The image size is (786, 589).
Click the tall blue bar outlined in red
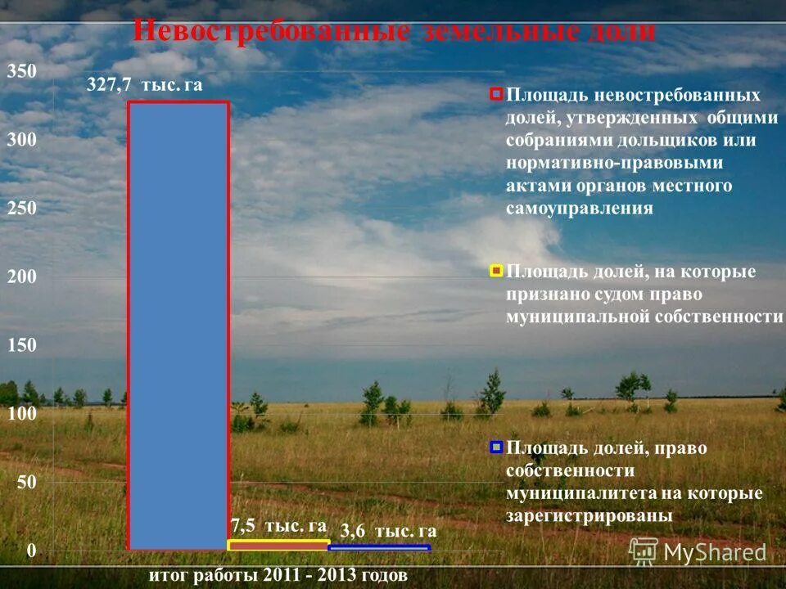point(178,325)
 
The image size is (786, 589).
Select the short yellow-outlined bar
point(278,544)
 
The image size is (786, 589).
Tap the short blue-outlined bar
point(379,547)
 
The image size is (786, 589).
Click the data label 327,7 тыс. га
point(144,85)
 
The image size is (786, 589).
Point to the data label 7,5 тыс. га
point(278,525)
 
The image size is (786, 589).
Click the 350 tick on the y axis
point(22,72)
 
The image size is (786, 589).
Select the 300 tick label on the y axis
point(22,141)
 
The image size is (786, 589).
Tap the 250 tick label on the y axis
point(22,209)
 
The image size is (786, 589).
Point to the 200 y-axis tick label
point(22,277)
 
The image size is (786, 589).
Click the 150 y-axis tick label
point(22,345)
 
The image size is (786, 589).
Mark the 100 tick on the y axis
point(22,414)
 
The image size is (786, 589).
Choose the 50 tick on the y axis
point(26,483)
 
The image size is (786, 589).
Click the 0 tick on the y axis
point(31,551)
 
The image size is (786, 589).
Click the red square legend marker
point(495,94)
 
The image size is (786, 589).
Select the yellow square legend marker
point(495,270)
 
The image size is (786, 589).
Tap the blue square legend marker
point(495,447)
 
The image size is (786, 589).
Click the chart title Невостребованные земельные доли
point(394,31)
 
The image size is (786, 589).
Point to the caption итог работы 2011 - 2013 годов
point(277,575)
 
